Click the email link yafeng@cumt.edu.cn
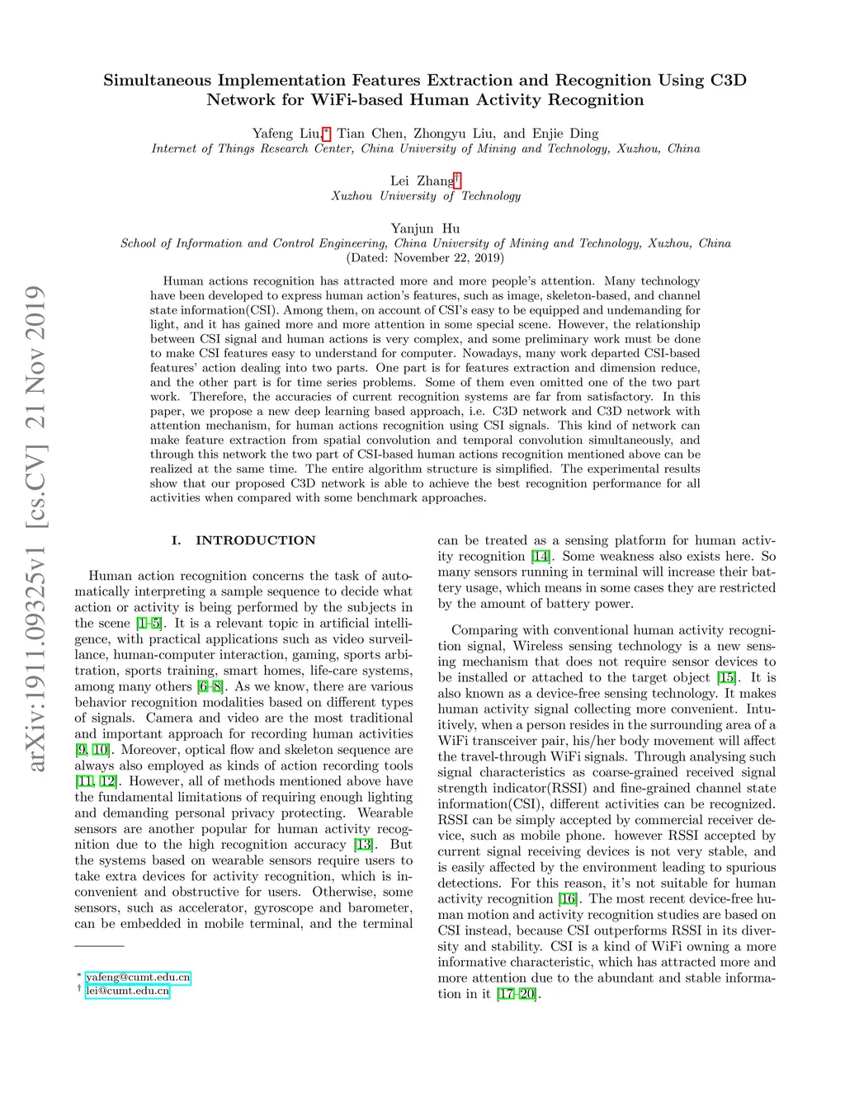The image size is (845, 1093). (x=138, y=977)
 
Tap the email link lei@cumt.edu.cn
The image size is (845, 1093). (x=127, y=991)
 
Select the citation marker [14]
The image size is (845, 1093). (x=541, y=556)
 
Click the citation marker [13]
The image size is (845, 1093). (x=363, y=845)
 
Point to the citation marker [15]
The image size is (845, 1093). (x=726, y=677)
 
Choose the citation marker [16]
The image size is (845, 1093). (x=568, y=898)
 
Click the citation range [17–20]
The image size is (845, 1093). (x=517, y=993)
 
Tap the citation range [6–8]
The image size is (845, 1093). (x=210, y=686)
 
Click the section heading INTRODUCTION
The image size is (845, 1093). (x=255, y=540)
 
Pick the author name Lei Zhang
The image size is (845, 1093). (x=422, y=181)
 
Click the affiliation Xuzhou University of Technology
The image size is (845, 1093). (x=426, y=196)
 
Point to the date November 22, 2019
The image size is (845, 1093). (x=448, y=257)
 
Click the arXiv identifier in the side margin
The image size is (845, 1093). (x=35, y=528)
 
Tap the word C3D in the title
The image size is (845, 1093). (x=728, y=80)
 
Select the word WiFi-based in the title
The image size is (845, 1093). (x=356, y=100)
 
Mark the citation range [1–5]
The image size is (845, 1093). (x=149, y=624)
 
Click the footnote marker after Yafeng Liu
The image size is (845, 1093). (x=327, y=132)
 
